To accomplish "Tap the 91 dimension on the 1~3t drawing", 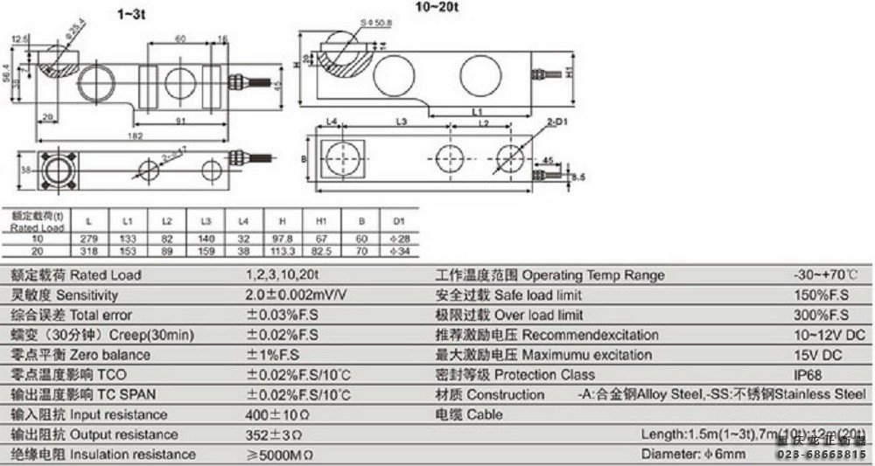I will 179,121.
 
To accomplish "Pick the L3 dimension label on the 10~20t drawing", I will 402,121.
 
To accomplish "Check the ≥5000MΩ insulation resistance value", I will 281,455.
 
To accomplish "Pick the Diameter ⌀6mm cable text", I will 693,455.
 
